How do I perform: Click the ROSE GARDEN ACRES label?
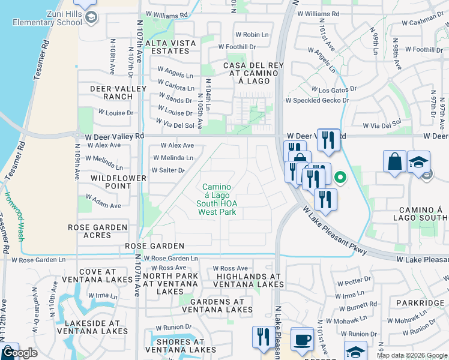(98, 232)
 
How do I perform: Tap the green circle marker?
(340, 177)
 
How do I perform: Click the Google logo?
(19, 353)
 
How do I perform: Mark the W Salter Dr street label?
(167, 170)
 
